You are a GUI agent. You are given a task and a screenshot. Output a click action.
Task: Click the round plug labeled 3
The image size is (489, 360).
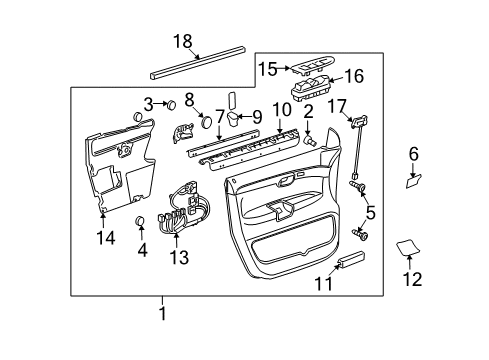171,103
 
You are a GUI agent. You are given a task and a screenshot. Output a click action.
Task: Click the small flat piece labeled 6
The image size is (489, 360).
413,181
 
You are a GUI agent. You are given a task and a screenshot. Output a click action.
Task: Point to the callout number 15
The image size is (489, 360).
268,69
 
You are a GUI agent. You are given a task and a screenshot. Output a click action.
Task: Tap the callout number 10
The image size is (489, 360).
282,108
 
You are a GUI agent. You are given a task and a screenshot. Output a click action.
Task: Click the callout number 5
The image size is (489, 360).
369,212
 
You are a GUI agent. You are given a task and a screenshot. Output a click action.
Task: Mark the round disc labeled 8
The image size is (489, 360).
206,124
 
